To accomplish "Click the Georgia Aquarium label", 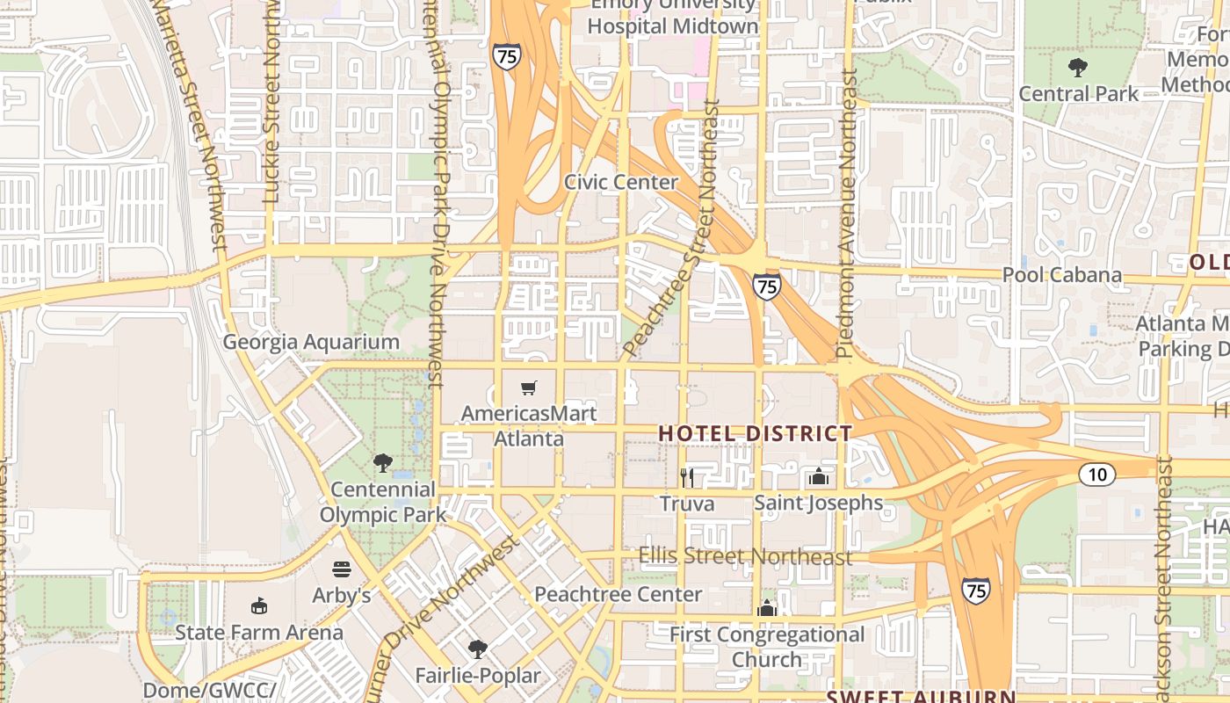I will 311,342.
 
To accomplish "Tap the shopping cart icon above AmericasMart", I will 528,388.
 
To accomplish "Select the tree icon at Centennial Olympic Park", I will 382,462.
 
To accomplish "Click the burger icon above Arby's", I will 341,569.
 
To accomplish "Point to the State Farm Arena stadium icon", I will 258,606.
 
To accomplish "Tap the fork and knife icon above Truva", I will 687,477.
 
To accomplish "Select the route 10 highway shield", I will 1097,475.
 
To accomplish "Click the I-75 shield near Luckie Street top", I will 506,56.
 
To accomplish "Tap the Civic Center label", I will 621,183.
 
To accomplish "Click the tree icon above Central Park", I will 1078,68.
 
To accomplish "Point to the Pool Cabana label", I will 1062,275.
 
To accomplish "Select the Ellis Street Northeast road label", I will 745,556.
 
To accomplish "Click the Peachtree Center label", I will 619,594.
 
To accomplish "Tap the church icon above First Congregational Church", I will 767,608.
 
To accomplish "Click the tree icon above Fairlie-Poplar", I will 477,649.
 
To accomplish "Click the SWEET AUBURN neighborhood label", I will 921,696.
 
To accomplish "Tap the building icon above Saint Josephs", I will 819,477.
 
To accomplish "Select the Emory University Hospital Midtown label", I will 672,15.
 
